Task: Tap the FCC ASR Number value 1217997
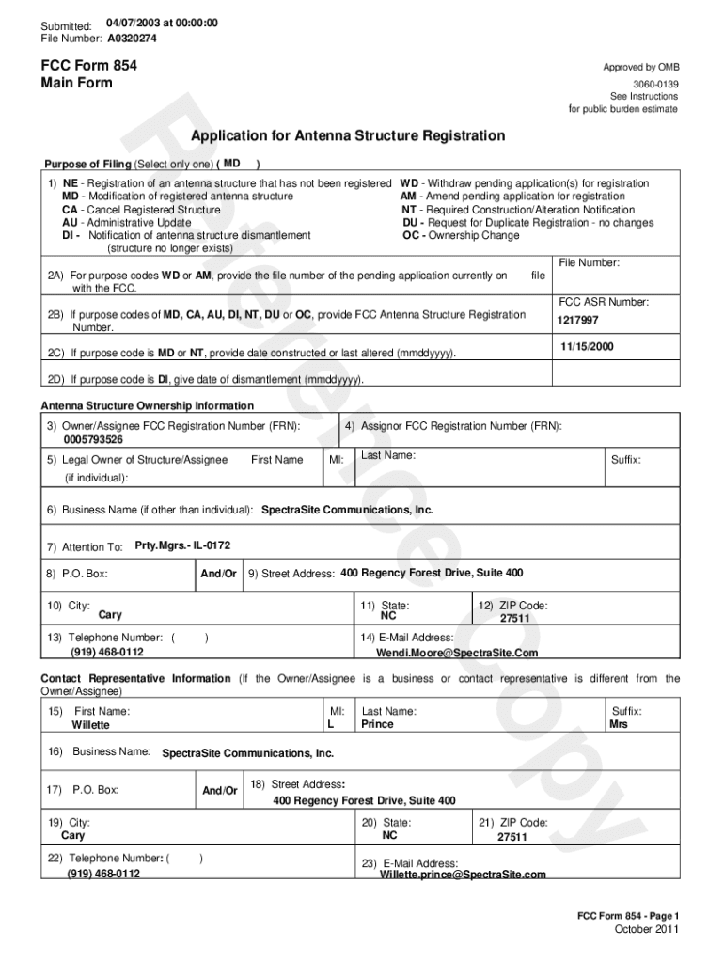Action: coord(578,320)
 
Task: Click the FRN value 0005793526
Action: coord(93,439)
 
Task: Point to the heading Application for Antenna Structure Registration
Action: coord(348,136)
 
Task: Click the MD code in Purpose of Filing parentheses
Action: coord(233,163)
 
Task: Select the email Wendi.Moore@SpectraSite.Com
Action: coord(457,653)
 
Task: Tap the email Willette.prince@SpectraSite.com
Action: coord(463,875)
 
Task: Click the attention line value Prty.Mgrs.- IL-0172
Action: coord(182,545)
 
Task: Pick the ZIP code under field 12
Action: coord(514,619)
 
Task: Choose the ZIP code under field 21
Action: coord(512,836)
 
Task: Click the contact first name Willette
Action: coord(90,725)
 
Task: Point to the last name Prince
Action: coord(378,725)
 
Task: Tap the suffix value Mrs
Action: coord(619,725)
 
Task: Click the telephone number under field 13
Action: coord(107,652)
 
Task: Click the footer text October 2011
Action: coord(645,930)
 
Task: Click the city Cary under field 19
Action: coord(72,835)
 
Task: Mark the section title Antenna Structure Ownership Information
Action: coord(147,406)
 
